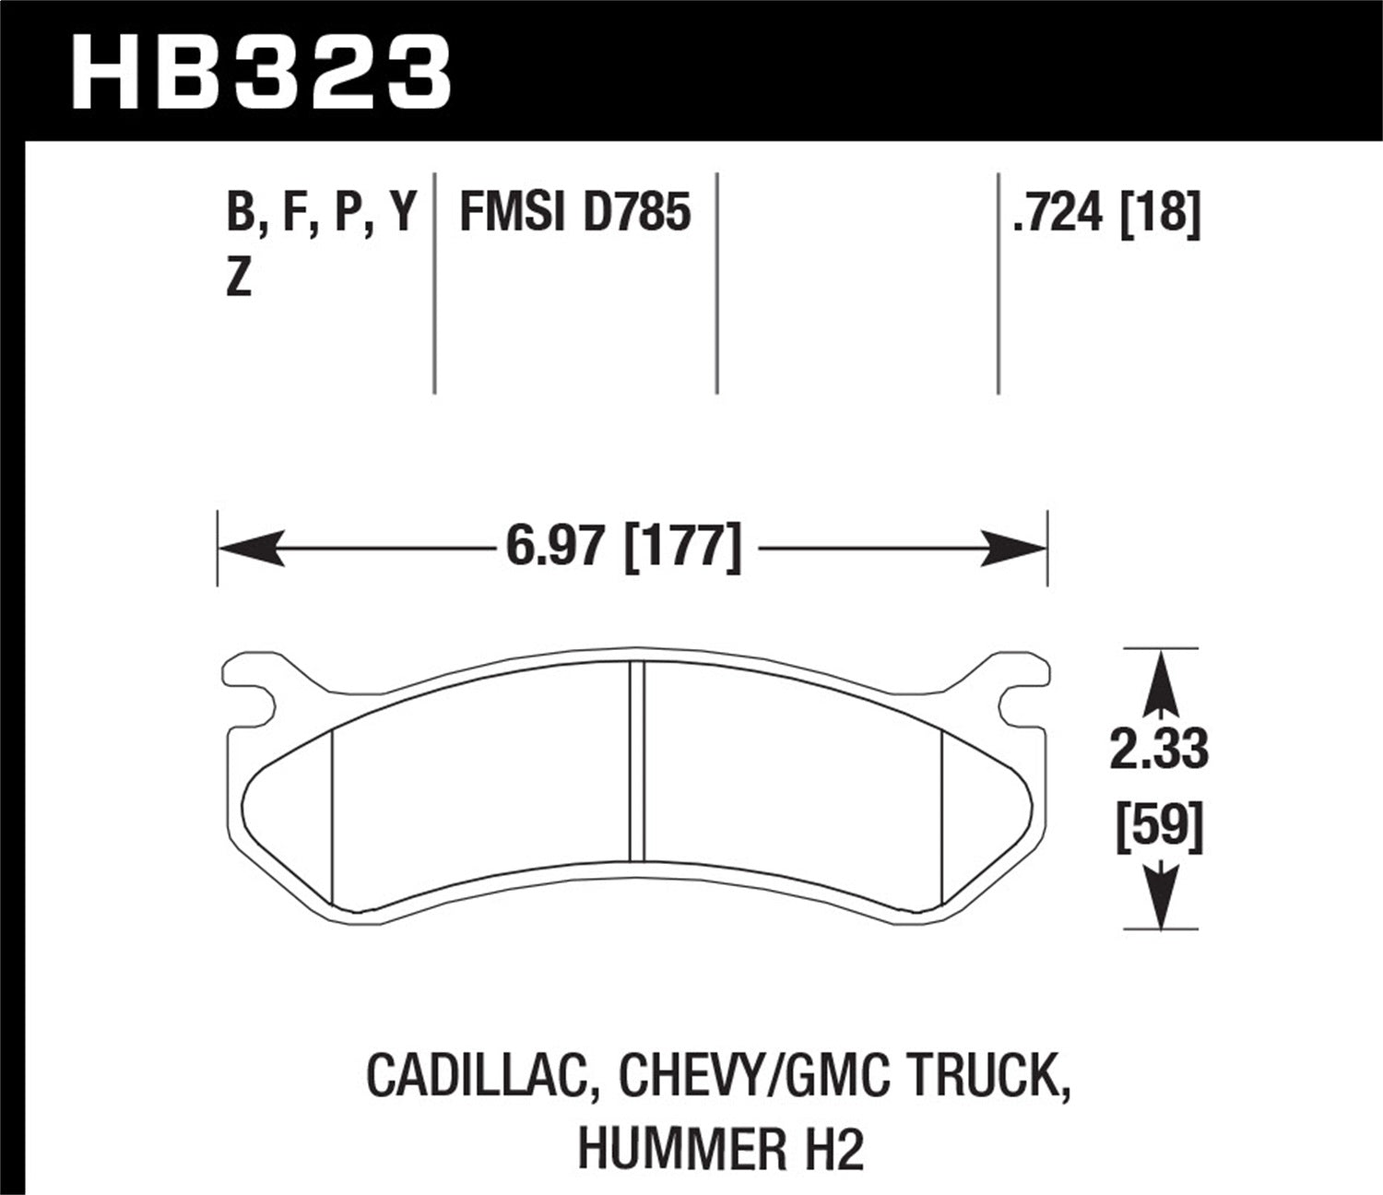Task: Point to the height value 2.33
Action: tap(1158, 750)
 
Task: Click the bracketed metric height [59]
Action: tap(1159, 823)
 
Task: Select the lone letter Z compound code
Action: tap(239, 278)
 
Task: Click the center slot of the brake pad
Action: tap(636, 762)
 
